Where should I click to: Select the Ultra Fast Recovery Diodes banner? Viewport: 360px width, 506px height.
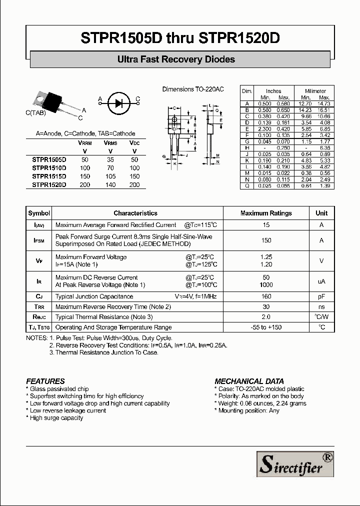[x=180, y=59]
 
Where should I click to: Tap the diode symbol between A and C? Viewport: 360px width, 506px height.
[x=119, y=103]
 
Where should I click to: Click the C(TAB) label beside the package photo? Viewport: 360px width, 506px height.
[x=36, y=113]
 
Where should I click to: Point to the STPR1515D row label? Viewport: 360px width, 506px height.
[x=49, y=176]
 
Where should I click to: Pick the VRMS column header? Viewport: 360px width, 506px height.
[x=110, y=143]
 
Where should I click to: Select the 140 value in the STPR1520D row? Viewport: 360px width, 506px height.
[x=110, y=185]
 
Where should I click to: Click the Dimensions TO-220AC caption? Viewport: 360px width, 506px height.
[x=193, y=89]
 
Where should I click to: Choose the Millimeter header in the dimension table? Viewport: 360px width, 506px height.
[x=316, y=91]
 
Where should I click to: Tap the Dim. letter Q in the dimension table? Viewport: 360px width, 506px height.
[x=247, y=186]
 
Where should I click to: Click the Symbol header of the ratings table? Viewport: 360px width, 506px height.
[x=39, y=213]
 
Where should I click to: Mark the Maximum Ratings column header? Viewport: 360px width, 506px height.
[x=266, y=213]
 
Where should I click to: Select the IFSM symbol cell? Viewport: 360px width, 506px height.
[x=39, y=240]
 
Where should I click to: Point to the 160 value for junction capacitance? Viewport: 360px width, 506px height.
[x=266, y=296]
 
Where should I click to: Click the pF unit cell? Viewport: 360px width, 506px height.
[x=321, y=296]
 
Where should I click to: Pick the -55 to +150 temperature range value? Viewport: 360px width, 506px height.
[x=266, y=327]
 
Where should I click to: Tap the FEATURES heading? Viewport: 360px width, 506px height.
[x=45, y=381]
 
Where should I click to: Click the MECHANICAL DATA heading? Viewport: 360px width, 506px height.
[x=249, y=381]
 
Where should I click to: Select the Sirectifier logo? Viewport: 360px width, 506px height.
[x=295, y=462]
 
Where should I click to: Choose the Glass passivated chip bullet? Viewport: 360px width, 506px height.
[x=59, y=389]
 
